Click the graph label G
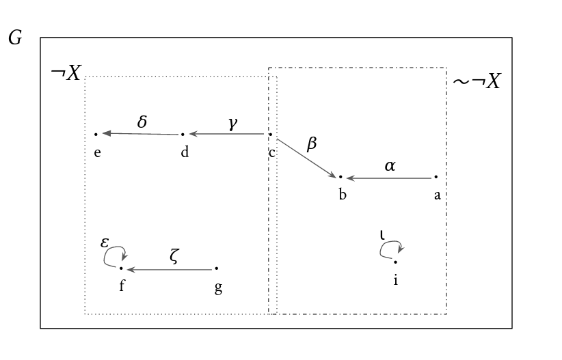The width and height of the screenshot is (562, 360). pyautogui.click(x=15, y=38)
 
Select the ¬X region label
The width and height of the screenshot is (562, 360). pyautogui.click(x=66, y=72)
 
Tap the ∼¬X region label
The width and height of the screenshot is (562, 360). pyautogui.click(x=477, y=81)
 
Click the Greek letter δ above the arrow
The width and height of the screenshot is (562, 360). pyautogui.click(x=142, y=122)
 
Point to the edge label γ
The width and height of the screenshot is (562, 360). pyautogui.click(x=233, y=123)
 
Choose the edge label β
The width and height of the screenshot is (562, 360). pyautogui.click(x=312, y=143)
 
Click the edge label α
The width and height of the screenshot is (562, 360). pyautogui.click(x=390, y=166)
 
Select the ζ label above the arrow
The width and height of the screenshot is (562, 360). pyautogui.click(x=174, y=256)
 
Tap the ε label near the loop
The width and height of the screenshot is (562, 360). pyautogui.click(x=105, y=243)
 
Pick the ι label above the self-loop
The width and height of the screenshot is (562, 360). pyautogui.click(x=382, y=235)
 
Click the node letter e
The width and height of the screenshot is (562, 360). pyautogui.click(x=97, y=153)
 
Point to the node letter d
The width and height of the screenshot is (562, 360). pyautogui.click(x=185, y=152)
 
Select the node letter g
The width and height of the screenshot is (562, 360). pyautogui.click(x=218, y=288)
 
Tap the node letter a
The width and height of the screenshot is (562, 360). pyautogui.click(x=438, y=195)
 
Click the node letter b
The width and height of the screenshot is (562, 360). pyautogui.click(x=343, y=194)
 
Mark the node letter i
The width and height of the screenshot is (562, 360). pyautogui.click(x=396, y=279)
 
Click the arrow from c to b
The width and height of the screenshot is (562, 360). pyautogui.click(x=306, y=158)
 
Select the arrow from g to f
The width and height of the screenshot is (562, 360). pyautogui.click(x=170, y=269)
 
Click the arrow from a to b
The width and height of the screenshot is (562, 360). pyautogui.click(x=389, y=178)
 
